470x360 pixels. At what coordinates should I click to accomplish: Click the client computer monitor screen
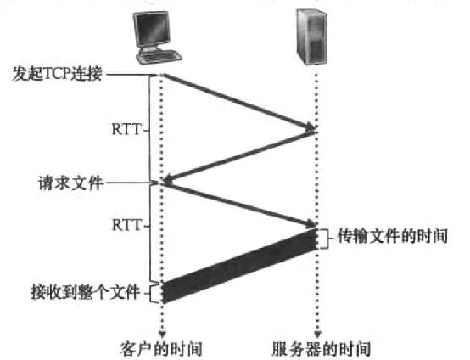click(152, 29)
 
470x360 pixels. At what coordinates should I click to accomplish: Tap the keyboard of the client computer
click(159, 57)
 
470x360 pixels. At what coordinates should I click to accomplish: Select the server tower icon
click(311, 37)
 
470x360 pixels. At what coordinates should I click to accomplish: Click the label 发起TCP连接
click(58, 74)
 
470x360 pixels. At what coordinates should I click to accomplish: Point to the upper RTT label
click(126, 130)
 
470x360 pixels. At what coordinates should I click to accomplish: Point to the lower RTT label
click(126, 225)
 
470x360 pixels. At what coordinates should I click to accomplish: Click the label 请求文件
click(70, 183)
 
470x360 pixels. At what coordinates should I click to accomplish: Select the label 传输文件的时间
click(393, 236)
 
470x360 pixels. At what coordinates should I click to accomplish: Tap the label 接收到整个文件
click(86, 292)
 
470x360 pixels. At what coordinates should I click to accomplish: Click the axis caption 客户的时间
click(161, 349)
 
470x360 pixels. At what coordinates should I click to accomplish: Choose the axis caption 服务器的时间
click(321, 349)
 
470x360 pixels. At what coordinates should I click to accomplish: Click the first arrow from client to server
click(239, 102)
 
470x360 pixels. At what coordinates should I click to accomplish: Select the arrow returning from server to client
click(239, 156)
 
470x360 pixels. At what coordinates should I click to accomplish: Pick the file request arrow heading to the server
click(239, 205)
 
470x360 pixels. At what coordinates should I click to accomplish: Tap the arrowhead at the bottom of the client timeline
click(162, 335)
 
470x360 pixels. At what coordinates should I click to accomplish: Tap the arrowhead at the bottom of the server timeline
click(317, 335)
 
